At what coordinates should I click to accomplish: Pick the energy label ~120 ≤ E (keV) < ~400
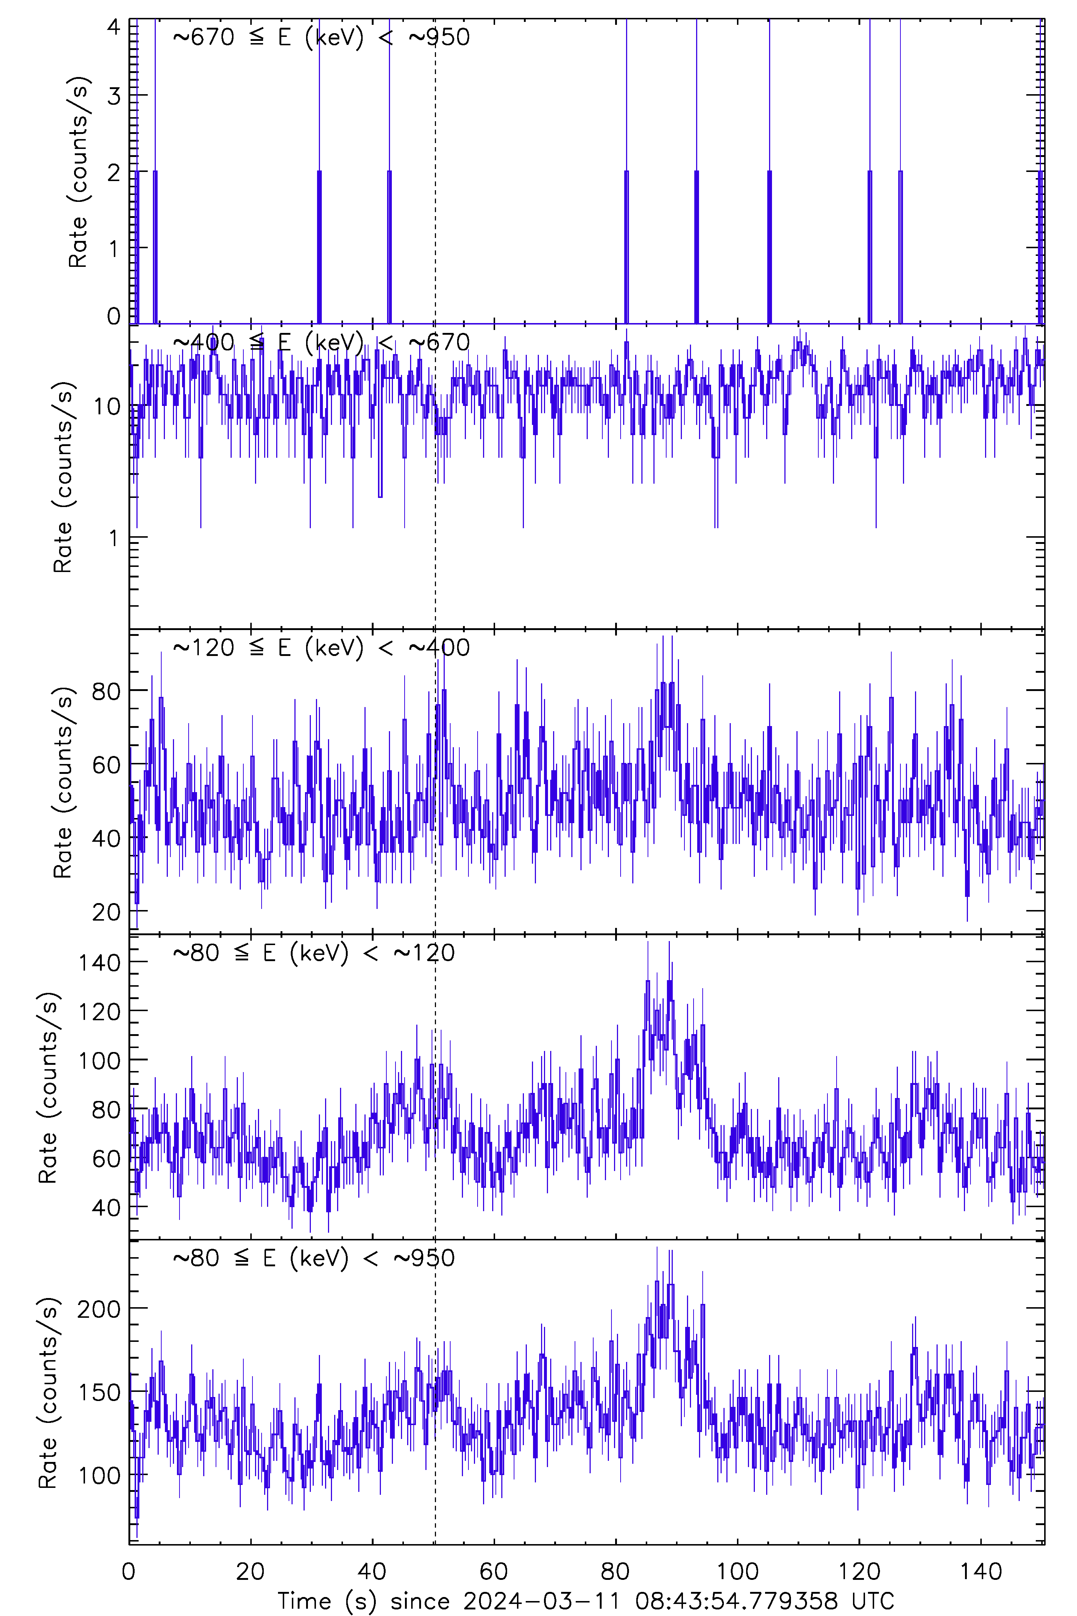click(321, 647)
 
